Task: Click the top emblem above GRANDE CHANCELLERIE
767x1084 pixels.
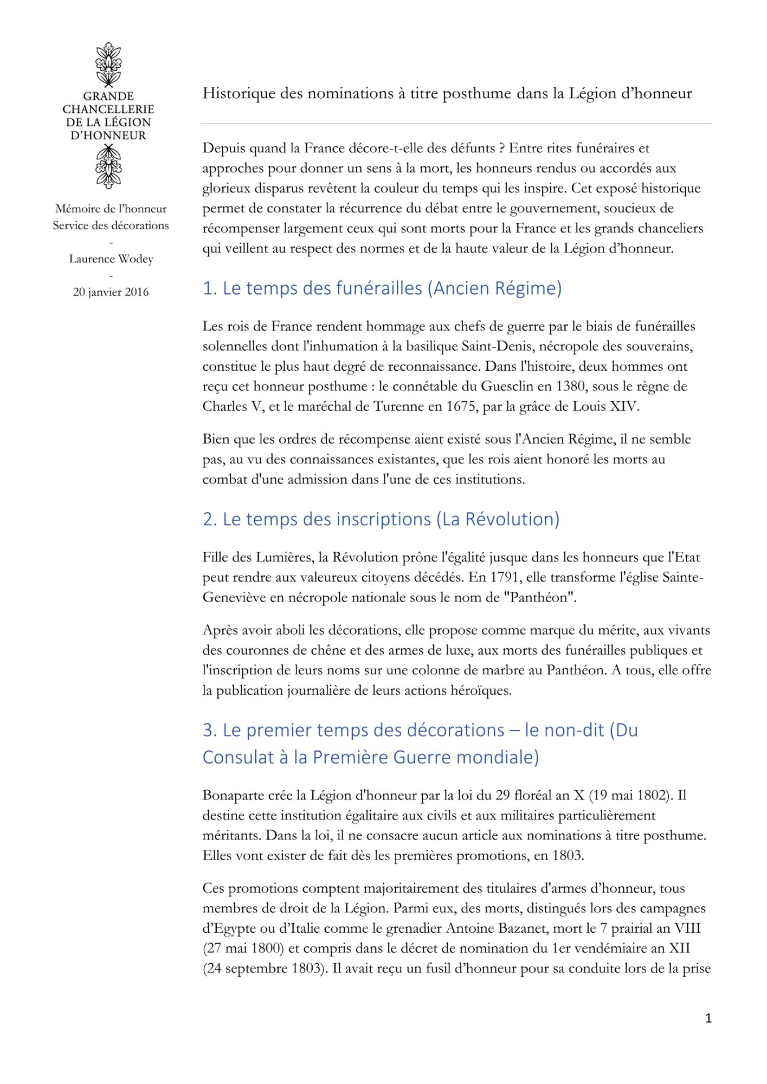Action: tap(108, 64)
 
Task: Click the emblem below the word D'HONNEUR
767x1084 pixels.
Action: tap(108, 167)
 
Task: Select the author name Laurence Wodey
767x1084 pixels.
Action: tap(111, 259)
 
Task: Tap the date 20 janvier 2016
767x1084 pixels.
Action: tap(111, 292)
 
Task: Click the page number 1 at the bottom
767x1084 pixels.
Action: tap(708, 1018)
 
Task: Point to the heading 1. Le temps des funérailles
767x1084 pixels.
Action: tap(382, 288)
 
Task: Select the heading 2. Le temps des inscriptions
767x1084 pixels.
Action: tap(381, 519)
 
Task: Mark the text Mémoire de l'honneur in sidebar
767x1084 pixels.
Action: tap(111, 209)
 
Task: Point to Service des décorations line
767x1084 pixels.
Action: tap(111, 225)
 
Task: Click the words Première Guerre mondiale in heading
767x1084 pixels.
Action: tap(425, 757)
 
